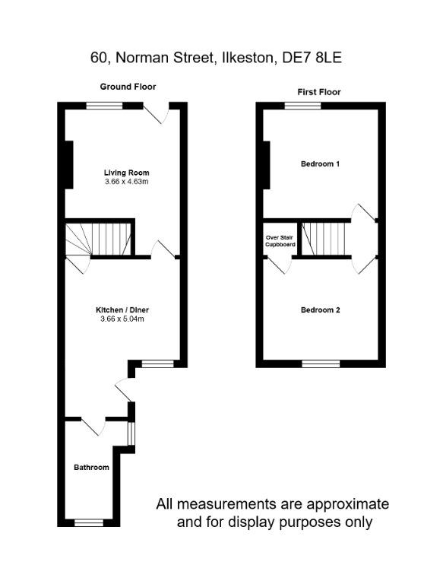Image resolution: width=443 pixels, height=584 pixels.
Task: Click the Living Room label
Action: click(127, 173)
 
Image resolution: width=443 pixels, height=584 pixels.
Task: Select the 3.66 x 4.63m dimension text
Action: click(127, 182)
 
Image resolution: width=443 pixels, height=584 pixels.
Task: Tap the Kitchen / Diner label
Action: click(122, 310)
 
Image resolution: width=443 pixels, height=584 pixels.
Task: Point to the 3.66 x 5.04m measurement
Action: click(122, 319)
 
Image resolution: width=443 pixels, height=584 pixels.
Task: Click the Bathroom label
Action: click(92, 468)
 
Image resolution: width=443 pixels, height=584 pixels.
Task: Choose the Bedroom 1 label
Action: click(320, 164)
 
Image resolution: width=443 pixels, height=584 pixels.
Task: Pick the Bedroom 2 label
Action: click(321, 310)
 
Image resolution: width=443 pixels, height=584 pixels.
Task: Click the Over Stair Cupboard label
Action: click(280, 241)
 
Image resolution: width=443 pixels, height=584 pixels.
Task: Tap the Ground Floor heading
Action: click(128, 87)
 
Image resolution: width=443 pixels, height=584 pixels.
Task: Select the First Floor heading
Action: click(319, 92)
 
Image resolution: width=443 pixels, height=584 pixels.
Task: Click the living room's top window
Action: click(104, 106)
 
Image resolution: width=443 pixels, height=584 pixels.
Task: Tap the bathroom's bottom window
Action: click(89, 523)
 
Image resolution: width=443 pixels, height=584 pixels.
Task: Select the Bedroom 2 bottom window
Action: click(321, 363)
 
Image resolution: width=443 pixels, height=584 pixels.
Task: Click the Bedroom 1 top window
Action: click(303, 106)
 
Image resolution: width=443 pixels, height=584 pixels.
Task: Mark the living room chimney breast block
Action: click(69, 164)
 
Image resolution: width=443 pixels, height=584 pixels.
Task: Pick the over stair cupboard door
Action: click(279, 265)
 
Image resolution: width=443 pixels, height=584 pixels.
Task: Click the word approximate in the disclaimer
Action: click(348, 505)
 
